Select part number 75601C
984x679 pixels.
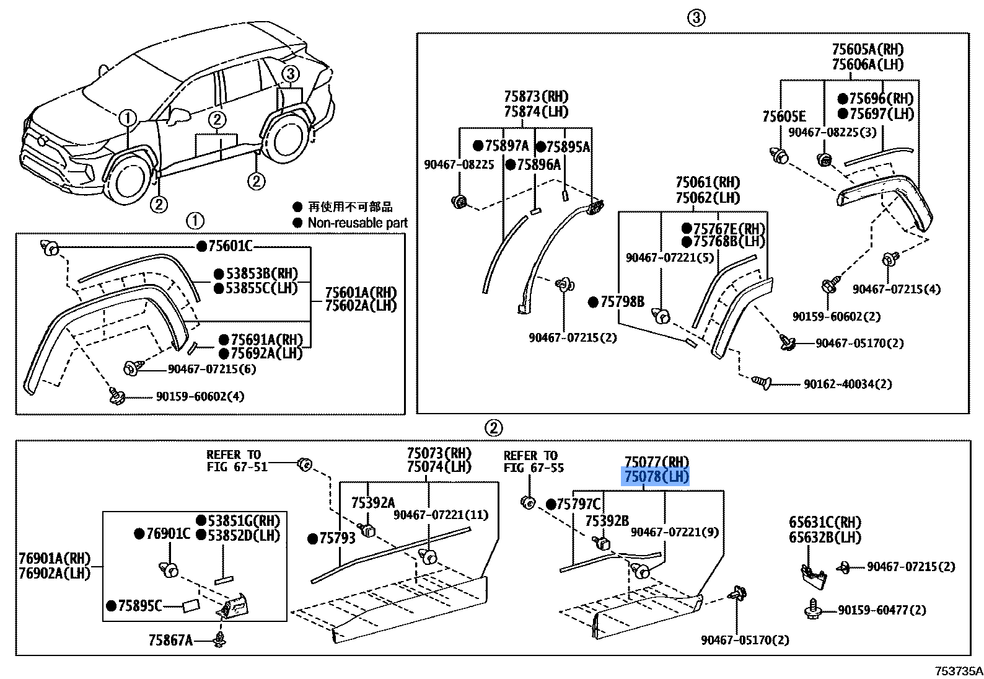coord(230,246)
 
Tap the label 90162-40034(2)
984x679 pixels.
coord(848,384)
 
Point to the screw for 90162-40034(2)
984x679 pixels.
coord(762,383)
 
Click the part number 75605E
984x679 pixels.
coord(784,117)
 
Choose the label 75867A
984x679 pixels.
coord(170,641)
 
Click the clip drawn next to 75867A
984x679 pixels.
coord(219,639)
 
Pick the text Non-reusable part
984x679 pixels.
coord(358,223)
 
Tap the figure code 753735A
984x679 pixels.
coord(959,671)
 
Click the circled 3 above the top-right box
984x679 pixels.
coord(696,18)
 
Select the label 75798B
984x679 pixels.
coord(623,301)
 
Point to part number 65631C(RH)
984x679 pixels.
coord(825,522)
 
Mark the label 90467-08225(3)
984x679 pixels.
coord(832,132)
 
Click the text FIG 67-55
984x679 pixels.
coord(534,468)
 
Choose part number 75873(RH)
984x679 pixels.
coord(536,96)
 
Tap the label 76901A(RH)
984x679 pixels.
coord(55,559)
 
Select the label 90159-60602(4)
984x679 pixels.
coord(200,396)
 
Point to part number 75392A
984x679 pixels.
coord(373,503)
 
